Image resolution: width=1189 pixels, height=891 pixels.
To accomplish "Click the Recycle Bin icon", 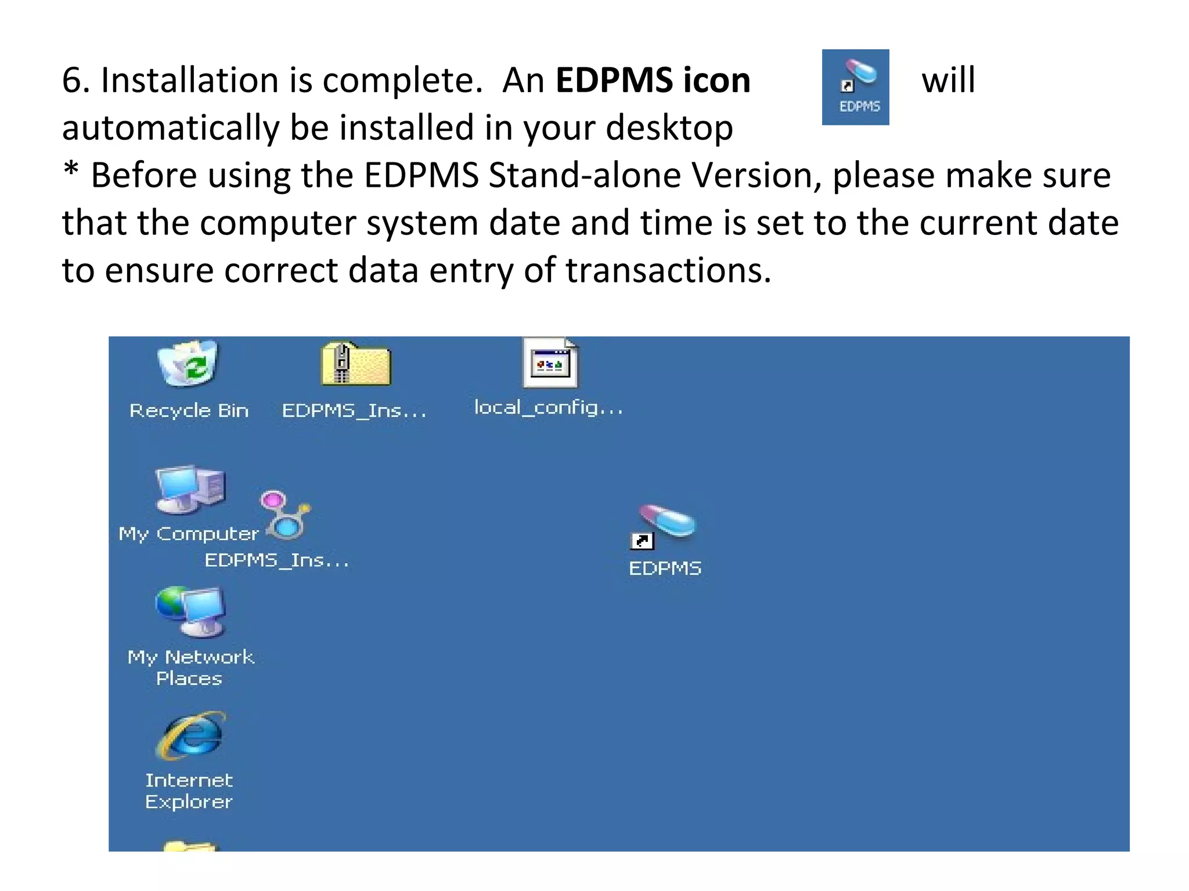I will (x=188, y=364).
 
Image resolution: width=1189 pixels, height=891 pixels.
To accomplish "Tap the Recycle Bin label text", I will (x=189, y=411).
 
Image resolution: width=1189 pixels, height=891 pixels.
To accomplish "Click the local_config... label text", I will (x=549, y=408).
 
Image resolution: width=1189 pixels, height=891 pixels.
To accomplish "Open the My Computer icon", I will (x=189, y=490).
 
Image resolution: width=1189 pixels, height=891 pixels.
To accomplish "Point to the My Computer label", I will (x=189, y=534).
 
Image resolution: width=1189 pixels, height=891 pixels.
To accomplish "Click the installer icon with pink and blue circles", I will (x=285, y=515).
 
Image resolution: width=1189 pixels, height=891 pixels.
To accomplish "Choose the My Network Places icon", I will (x=190, y=612).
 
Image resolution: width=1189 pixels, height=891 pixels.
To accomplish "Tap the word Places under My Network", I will (x=189, y=679).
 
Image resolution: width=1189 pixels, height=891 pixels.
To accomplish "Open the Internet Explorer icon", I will (x=190, y=736).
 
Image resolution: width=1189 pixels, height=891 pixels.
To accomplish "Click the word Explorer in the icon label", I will (x=189, y=802).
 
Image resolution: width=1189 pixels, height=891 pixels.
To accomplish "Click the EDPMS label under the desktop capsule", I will (x=665, y=568).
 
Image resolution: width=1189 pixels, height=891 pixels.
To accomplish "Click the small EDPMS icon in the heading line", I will (x=855, y=87).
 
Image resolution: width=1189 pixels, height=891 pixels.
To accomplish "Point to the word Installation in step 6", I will (x=189, y=80).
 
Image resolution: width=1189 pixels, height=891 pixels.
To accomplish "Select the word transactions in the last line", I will (x=668, y=270).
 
